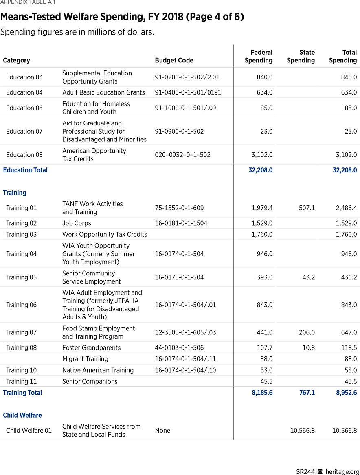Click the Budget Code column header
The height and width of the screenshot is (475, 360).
(174, 60)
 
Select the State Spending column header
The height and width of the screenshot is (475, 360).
(301, 56)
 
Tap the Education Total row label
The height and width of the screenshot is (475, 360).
(25, 170)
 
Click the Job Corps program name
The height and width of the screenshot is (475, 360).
(77, 223)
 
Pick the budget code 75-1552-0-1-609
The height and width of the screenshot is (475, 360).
(179, 208)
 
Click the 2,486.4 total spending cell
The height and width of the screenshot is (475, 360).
(344, 208)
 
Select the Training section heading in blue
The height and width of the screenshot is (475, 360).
(15, 193)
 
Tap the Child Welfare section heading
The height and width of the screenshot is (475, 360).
(22, 415)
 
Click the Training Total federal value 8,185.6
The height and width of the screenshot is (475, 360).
(260, 393)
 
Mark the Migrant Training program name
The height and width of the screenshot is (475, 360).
(85, 359)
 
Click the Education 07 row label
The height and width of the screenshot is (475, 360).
(24, 131)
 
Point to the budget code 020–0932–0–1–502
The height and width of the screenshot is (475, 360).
(182, 155)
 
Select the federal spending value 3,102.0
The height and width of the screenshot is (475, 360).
(262, 155)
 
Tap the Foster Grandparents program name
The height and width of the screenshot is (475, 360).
(91, 348)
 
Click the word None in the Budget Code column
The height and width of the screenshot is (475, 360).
(162, 431)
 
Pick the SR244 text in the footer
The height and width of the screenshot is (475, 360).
(305, 471)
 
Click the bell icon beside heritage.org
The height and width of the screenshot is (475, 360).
(320, 471)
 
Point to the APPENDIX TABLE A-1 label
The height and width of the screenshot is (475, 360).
(28, 2)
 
